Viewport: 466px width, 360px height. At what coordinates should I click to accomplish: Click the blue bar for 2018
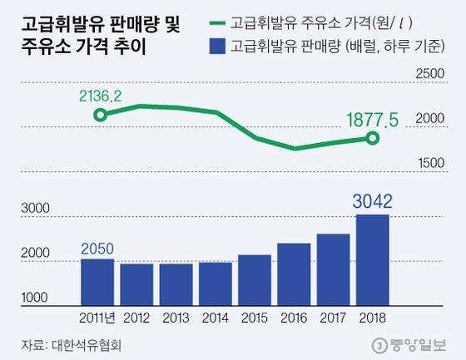pyautogui.click(x=372, y=259)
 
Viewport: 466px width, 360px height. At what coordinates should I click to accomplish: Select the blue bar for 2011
pyautogui.click(x=97, y=282)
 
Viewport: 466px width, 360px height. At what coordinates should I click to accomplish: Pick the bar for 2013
pyautogui.click(x=176, y=284)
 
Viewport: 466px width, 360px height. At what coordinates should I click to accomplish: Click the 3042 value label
pyautogui.click(x=372, y=200)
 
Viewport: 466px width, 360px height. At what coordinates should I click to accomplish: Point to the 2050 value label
pyautogui.click(x=97, y=248)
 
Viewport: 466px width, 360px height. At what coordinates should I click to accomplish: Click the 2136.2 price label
pyautogui.click(x=101, y=96)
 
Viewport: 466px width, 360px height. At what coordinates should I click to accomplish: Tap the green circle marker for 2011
pyautogui.click(x=101, y=114)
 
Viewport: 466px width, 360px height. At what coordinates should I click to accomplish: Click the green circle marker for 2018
pyautogui.click(x=372, y=138)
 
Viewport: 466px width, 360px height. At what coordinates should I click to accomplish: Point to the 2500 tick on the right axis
pyautogui.click(x=433, y=74)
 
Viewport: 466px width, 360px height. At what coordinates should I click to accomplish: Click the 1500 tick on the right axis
pyautogui.click(x=433, y=163)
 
